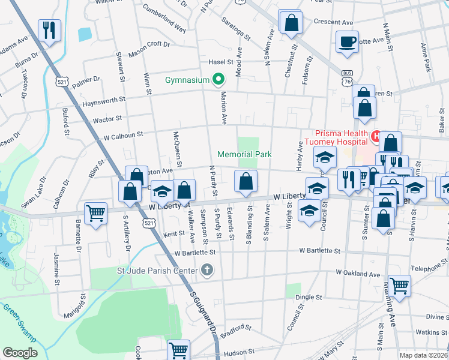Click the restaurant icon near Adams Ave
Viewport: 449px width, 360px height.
pos(49,29)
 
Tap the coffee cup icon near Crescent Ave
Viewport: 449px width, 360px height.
pos(347,41)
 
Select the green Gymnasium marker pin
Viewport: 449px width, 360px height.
pos(218,79)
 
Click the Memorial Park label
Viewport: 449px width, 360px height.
pos(244,154)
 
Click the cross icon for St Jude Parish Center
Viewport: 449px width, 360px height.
pos(207,270)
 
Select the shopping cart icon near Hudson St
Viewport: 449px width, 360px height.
pos(178,349)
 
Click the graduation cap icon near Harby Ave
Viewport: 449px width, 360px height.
pos(325,158)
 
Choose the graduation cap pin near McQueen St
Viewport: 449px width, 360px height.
pos(162,191)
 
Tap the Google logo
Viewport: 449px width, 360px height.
pos(20,353)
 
